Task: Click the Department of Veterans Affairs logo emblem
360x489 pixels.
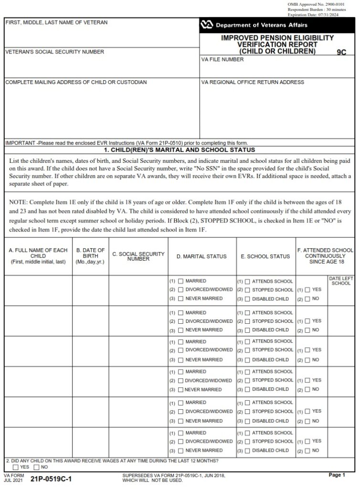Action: pyautogui.click(x=207, y=25)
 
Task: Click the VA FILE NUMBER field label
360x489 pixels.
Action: pyautogui.click(x=222, y=60)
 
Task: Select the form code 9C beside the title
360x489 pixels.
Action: pyautogui.click(x=341, y=53)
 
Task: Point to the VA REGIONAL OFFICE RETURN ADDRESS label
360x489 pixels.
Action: pyautogui.click(x=253, y=82)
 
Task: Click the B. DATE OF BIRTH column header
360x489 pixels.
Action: pyautogui.click(x=90, y=256)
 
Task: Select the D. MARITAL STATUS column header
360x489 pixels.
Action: pyautogui.click(x=201, y=256)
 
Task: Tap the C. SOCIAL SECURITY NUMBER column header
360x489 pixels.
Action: pyautogui.click(x=138, y=256)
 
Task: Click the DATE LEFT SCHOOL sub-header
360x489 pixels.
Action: pyautogui.click(x=341, y=281)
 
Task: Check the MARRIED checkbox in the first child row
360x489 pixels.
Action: pyautogui.click(x=180, y=281)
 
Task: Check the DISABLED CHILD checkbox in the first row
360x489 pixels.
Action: pyautogui.click(x=247, y=299)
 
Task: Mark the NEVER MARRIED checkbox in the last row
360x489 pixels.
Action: pyautogui.click(x=180, y=450)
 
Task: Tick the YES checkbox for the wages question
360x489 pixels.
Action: pyautogui.click(x=16, y=467)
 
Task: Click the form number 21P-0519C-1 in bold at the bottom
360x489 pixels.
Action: pyautogui.click(x=51, y=478)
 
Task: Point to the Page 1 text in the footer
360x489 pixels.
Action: pyautogui.click(x=336, y=475)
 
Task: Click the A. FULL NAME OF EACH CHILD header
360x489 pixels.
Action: pyautogui.click(x=38, y=256)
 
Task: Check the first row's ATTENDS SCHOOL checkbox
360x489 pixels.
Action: pyautogui.click(x=247, y=281)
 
